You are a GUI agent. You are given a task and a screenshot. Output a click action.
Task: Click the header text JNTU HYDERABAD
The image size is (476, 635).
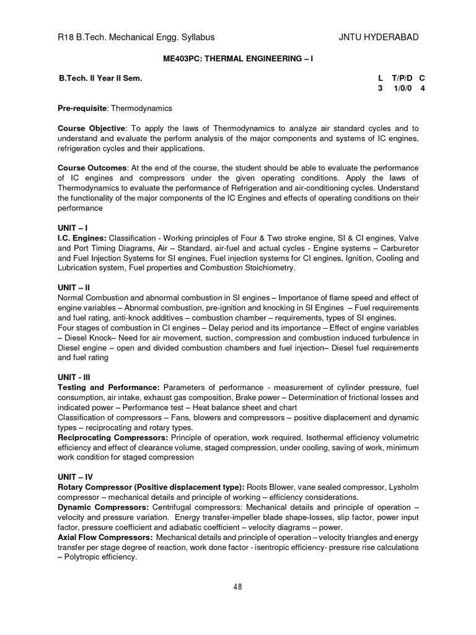[379, 37]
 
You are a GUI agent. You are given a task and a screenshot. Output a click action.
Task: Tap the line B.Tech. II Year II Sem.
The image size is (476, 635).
[100, 79]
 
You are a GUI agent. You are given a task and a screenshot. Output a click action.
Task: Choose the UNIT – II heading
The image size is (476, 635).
[74, 288]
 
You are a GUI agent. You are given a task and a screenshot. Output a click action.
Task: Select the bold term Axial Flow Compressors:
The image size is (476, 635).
[105, 537]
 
